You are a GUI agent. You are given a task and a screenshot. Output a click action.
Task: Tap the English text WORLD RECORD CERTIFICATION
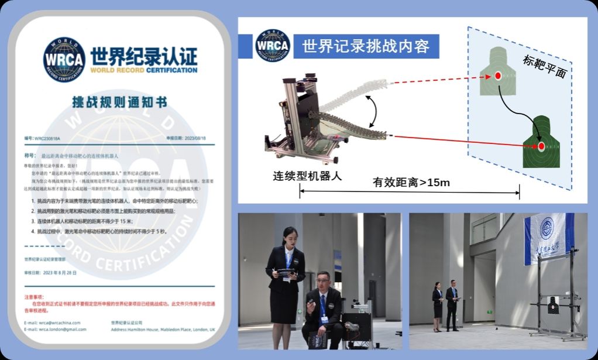pos(143,70)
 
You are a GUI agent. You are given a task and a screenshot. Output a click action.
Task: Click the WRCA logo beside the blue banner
pos(273,45)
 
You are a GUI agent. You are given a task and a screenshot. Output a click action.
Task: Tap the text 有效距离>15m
pos(411,183)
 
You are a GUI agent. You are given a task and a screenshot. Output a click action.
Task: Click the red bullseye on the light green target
pos(498,76)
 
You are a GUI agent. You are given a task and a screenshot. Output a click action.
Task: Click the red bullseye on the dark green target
pos(541,146)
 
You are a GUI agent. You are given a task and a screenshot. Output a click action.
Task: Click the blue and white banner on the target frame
pos(548,231)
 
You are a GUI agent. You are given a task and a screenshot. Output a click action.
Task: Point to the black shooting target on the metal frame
pos(553,304)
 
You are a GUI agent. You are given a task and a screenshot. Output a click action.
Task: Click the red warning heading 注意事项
pos(34,297)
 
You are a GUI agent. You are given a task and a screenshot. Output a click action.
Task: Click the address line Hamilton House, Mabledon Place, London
pos(163,330)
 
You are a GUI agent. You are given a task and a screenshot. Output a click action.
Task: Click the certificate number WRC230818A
pos(47,139)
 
